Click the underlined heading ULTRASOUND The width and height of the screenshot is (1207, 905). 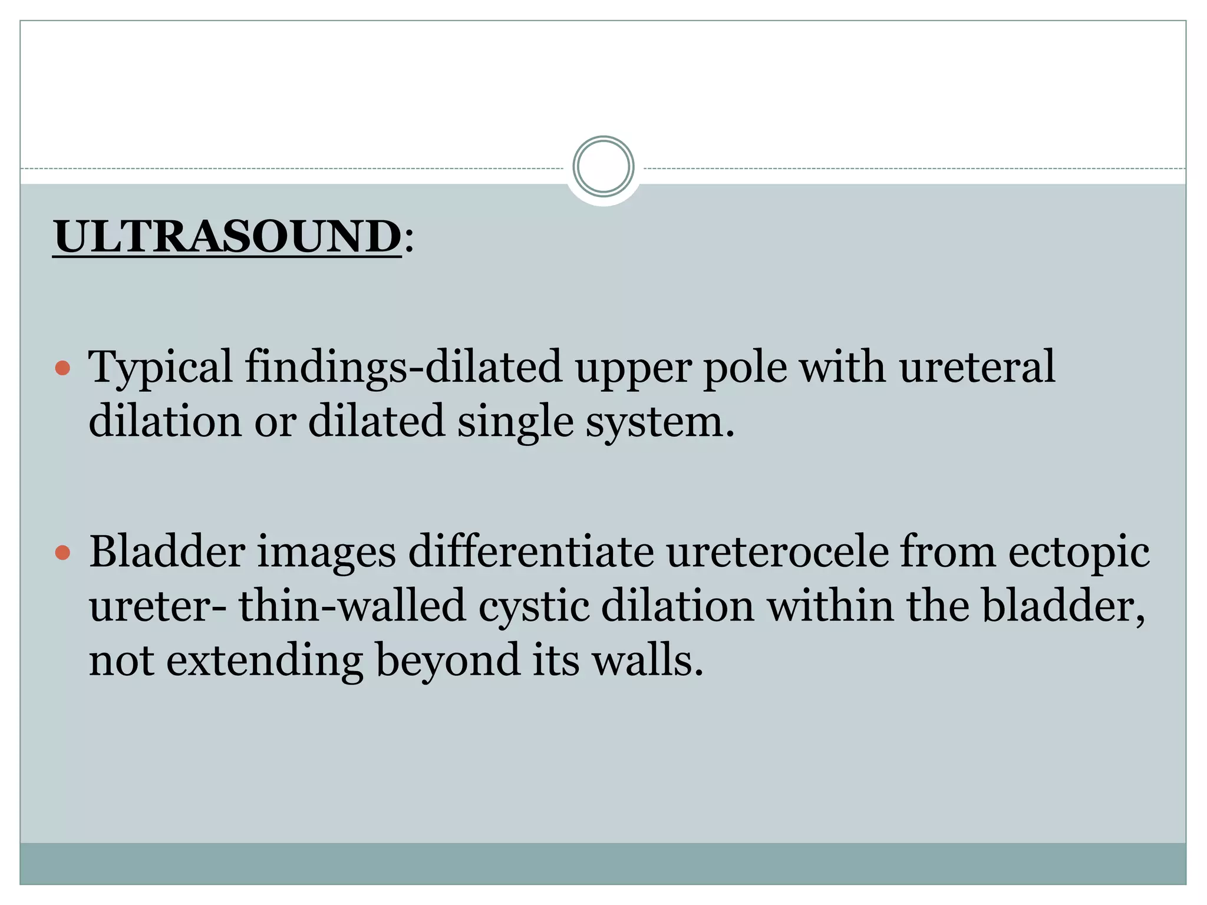[227, 236]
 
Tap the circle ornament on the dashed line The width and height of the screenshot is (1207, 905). [603, 167]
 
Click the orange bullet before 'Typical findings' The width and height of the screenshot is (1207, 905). [62, 369]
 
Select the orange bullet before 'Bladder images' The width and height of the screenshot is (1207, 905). [62, 553]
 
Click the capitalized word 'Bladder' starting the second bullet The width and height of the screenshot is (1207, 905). [167, 552]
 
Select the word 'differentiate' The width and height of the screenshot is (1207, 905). [531, 552]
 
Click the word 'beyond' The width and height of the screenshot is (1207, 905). [447, 661]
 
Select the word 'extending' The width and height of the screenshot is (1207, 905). [265, 661]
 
